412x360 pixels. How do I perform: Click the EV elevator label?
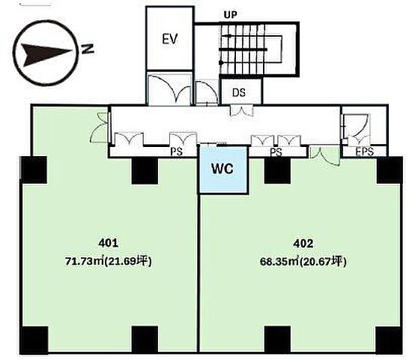point(170,39)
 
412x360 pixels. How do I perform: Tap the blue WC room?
point(222,169)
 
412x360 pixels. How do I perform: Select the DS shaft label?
point(239,93)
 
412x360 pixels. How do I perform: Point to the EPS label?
point(365,151)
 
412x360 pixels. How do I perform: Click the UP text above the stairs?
point(230,15)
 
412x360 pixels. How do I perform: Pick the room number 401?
point(109,243)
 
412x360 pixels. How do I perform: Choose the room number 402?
point(303,244)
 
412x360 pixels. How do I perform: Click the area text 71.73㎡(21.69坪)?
point(109,261)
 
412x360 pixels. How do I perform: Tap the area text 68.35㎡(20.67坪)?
point(303,262)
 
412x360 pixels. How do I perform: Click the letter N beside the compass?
point(88,49)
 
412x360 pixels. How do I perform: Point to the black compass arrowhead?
point(46,55)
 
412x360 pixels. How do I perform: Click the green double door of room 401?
point(100,127)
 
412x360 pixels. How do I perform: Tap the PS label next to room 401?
point(176,151)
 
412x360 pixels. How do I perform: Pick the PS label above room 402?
point(276,152)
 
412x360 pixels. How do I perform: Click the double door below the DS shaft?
point(241,110)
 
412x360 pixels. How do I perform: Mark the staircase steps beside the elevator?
point(243,49)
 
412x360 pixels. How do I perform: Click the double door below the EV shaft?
point(169,90)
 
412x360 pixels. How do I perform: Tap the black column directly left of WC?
point(145,171)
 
